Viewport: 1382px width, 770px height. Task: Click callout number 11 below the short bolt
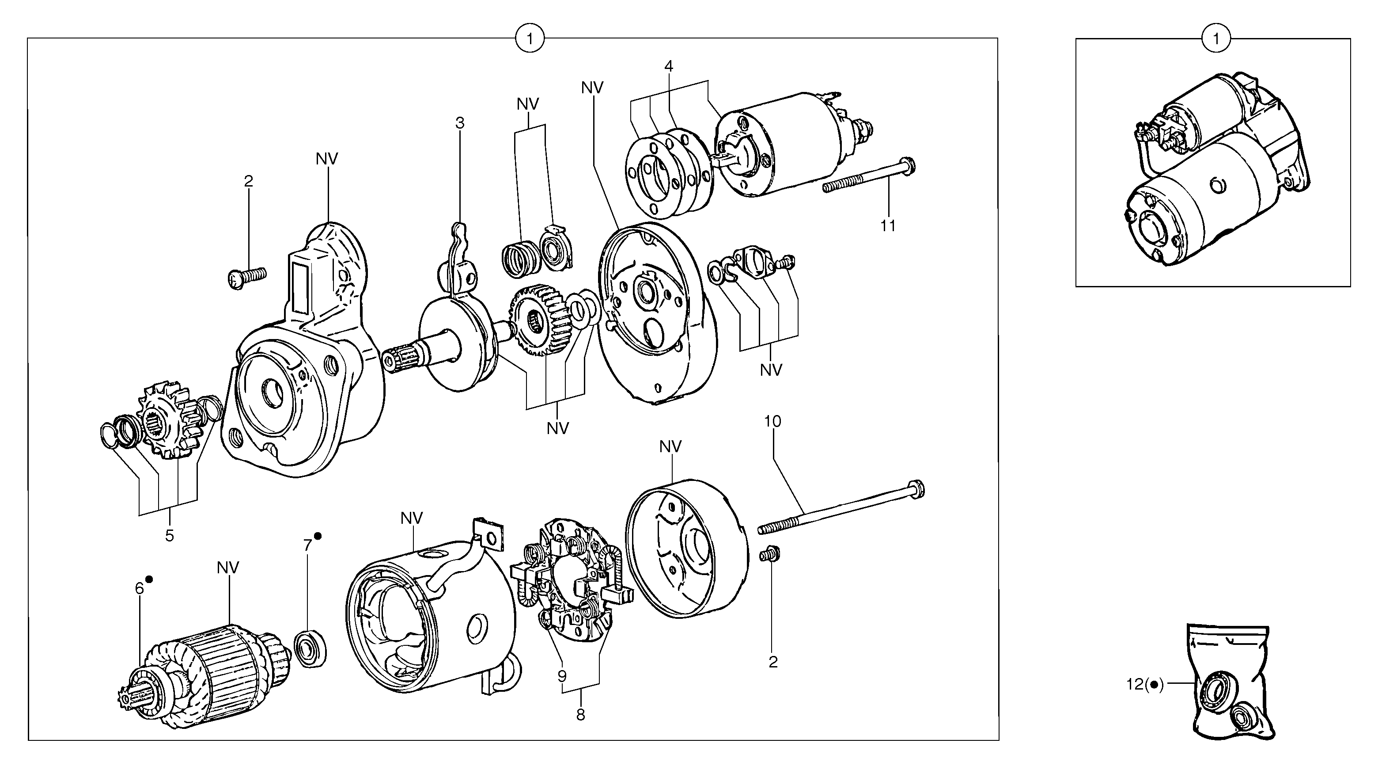(x=888, y=226)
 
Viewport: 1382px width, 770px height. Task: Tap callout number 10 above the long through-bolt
(x=772, y=422)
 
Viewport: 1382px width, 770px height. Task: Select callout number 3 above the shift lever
(x=460, y=123)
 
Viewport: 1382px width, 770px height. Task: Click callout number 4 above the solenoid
(x=668, y=67)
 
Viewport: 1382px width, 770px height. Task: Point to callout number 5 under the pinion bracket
(x=170, y=535)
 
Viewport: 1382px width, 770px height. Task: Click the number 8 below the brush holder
(x=580, y=715)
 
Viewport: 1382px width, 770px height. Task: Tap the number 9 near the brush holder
(x=562, y=676)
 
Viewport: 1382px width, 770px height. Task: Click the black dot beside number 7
(x=318, y=536)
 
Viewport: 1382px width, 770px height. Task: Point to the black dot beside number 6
(x=149, y=579)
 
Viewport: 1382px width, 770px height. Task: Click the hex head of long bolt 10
(x=917, y=488)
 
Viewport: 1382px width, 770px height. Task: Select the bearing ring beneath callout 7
(x=310, y=650)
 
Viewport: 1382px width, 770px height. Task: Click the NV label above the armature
(x=228, y=568)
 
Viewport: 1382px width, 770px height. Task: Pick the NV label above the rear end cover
(x=670, y=447)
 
